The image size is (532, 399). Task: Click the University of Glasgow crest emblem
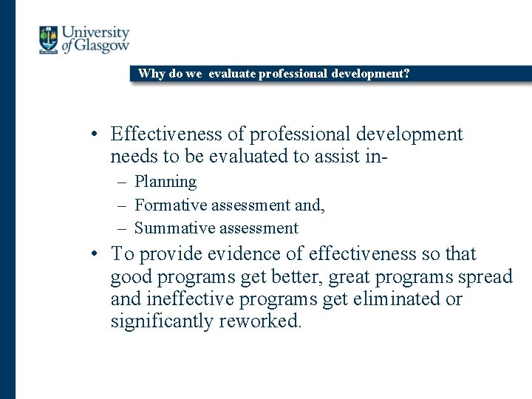click(48, 40)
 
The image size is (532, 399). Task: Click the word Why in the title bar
click(151, 74)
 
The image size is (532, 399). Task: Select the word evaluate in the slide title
click(232, 74)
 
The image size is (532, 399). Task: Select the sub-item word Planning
click(166, 182)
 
